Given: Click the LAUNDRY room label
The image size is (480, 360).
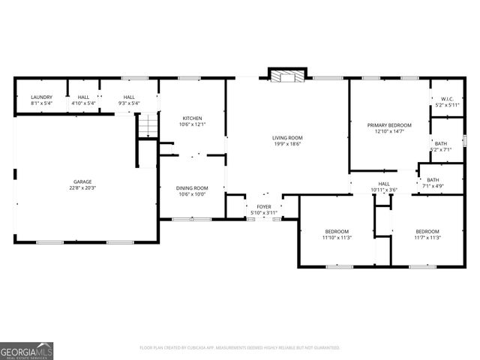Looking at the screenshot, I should click(41, 97).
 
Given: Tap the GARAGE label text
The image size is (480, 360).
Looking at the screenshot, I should click(82, 181).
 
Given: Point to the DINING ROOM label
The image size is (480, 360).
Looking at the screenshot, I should click(192, 188).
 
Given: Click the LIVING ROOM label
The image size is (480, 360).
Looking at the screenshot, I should click(287, 137).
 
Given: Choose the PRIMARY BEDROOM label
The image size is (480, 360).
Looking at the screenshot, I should click(390, 124).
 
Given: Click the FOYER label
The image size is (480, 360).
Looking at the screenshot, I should click(264, 206).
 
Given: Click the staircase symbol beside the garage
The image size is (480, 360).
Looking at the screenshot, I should click(148, 125).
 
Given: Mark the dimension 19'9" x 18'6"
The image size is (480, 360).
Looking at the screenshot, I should click(287, 144).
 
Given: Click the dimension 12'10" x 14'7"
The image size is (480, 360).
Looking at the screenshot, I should click(390, 131).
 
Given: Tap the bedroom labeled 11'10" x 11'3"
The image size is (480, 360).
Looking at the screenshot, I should click(337, 234).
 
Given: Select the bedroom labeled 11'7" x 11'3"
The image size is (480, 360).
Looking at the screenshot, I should click(427, 234).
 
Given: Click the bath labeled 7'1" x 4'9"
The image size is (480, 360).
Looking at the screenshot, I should click(433, 183).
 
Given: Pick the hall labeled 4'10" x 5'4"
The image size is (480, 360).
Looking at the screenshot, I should click(83, 100).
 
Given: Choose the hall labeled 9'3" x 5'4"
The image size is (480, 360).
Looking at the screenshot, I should click(129, 100).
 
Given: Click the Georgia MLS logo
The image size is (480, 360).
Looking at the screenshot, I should click(27, 350).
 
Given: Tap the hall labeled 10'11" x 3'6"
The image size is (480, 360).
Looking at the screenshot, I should click(384, 187).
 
